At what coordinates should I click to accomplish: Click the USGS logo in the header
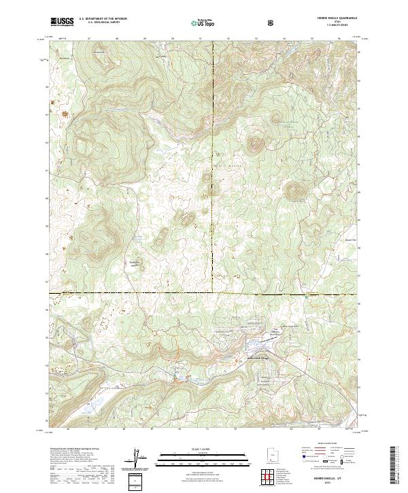62,22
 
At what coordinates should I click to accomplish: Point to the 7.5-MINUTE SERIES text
332,27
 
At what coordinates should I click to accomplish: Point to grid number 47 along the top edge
89,39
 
